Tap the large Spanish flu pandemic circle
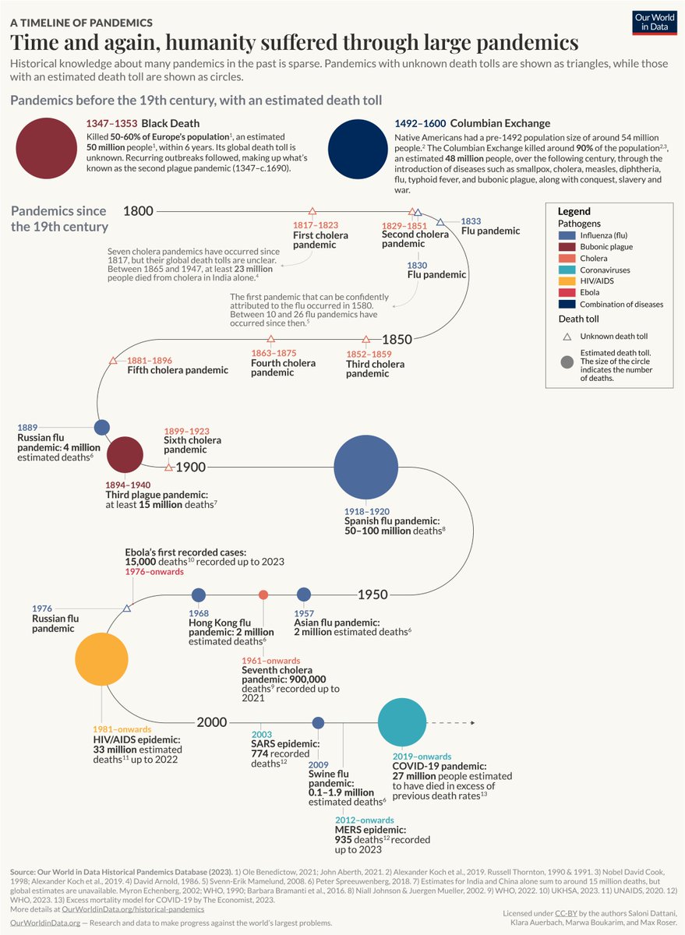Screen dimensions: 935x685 tap(365, 468)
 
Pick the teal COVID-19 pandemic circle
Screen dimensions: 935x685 tap(402, 722)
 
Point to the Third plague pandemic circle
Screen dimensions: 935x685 tap(125, 454)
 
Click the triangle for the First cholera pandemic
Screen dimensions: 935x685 tap(312, 211)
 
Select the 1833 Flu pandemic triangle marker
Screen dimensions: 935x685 tap(440, 222)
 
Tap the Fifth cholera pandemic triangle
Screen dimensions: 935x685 tap(113, 361)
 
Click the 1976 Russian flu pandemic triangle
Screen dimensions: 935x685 tap(126, 608)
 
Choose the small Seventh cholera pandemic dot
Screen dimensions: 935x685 tap(263, 595)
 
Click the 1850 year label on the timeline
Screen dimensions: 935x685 tap(397, 340)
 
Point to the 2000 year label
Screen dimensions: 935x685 tap(211, 722)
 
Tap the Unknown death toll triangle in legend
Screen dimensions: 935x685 tap(567, 337)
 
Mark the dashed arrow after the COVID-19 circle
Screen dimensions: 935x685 tap(452, 722)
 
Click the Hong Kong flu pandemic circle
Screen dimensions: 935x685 tap(199, 595)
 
